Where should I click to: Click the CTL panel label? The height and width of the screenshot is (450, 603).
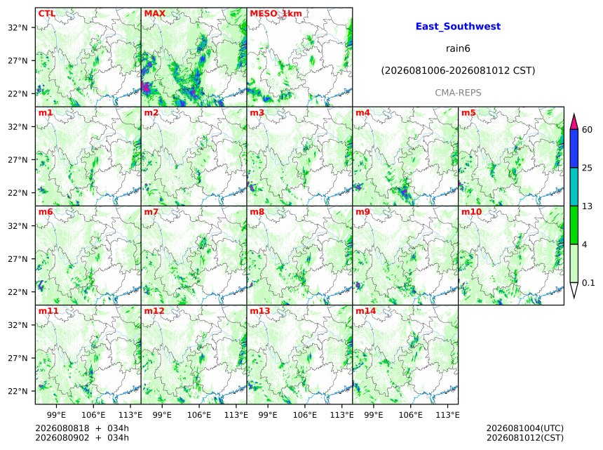(x=46, y=13)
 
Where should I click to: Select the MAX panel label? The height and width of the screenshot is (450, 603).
(x=154, y=13)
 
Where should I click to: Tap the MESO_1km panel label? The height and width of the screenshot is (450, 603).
(x=276, y=13)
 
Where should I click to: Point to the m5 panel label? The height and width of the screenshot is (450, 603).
(x=468, y=112)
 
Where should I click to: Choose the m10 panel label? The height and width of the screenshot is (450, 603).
(x=471, y=211)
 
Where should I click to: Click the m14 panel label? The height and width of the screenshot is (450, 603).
(x=366, y=310)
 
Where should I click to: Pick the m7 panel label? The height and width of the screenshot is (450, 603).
(x=151, y=211)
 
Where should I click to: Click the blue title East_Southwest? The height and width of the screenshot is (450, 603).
(x=458, y=27)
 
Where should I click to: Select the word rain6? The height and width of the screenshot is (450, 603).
(x=458, y=48)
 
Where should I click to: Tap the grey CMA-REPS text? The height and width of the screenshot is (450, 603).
(x=458, y=93)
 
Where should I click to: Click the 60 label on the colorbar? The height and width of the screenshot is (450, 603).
(x=587, y=130)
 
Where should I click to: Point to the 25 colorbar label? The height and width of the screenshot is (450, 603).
(x=587, y=168)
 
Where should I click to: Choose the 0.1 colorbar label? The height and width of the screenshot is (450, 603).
(x=588, y=283)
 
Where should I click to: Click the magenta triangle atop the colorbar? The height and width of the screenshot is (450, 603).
(x=574, y=122)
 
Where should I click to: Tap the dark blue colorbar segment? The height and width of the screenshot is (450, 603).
(x=574, y=149)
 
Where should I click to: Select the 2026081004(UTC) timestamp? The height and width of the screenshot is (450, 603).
(x=525, y=428)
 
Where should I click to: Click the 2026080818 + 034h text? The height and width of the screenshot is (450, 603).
(x=82, y=428)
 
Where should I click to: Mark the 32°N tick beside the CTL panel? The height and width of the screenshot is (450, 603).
(x=18, y=27)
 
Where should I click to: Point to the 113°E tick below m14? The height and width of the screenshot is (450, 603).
(x=448, y=415)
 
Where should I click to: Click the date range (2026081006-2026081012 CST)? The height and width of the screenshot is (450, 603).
(x=458, y=71)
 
